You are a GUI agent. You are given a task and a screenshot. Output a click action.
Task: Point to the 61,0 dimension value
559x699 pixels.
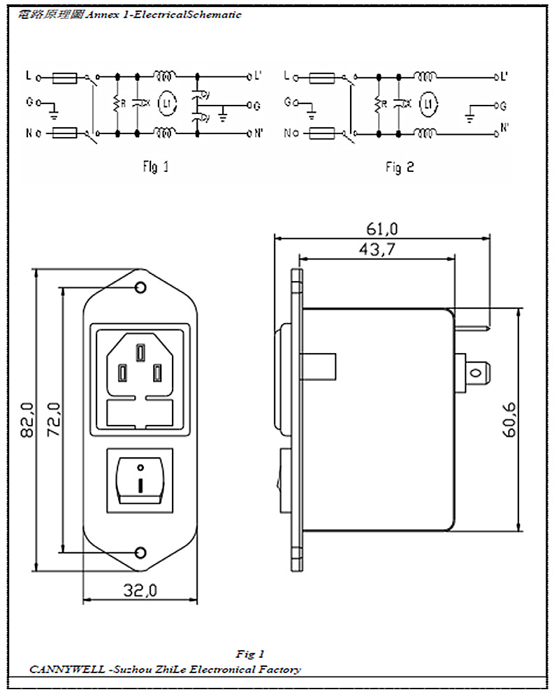pos(382,229)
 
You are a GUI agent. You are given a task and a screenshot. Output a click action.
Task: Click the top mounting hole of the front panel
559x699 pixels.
pos(141,288)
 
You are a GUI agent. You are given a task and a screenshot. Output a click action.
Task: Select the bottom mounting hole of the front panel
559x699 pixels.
pos(141,553)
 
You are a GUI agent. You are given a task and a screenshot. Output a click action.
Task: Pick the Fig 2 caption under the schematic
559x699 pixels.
pos(400,167)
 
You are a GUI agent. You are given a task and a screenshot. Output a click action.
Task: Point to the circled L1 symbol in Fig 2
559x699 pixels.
pos(428,104)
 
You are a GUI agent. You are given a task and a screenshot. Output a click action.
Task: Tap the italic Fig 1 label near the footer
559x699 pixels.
pos(250,654)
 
